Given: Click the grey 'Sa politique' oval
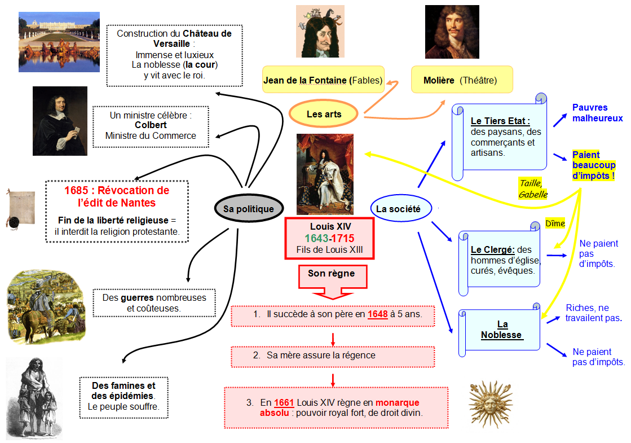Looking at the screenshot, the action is point(249,208).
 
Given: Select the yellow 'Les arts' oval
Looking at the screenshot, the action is point(324,114).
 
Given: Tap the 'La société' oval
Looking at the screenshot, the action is point(401,209).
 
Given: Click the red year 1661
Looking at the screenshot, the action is point(284,402).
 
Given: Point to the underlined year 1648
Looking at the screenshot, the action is point(377,314).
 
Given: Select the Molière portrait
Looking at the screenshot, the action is point(452,32).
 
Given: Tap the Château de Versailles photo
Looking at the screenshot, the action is point(59,42).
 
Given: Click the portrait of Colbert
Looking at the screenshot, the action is point(60,121).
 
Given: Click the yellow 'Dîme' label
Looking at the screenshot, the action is point(555,223).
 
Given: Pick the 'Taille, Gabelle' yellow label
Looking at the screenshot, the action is point(533,188).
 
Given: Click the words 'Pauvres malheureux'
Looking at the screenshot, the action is point(598,113).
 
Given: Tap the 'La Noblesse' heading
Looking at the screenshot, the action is point(501,330).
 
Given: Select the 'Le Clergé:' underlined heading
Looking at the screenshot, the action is point(493,249).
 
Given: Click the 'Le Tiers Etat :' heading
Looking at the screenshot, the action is point(500,121).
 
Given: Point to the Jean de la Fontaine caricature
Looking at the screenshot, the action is point(320,31).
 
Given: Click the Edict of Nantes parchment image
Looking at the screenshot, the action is point(20,209).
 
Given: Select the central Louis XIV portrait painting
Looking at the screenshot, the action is point(325,174).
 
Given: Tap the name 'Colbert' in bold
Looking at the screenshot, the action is point(151,125).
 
